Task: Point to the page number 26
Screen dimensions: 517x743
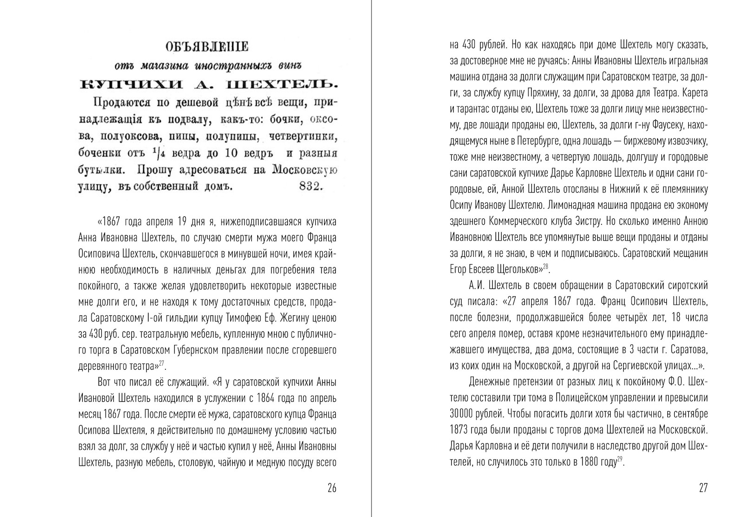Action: tap(332, 488)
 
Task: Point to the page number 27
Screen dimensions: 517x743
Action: tap(703, 488)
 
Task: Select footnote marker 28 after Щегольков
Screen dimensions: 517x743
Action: tap(546, 266)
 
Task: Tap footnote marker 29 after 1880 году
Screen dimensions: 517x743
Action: tap(619, 459)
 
